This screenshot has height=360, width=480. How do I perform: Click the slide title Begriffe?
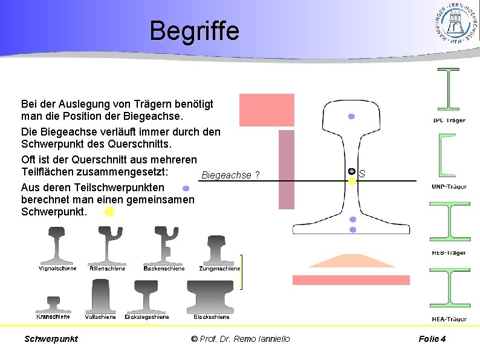pos(194,31)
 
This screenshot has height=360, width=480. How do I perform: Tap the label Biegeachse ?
pos(230,175)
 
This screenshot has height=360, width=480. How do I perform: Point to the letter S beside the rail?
pos(362,174)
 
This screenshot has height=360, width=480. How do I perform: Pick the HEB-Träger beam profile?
pos(449,222)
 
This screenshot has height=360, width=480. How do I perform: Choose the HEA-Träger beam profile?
pos(449,288)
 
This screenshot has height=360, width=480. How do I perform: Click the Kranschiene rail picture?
pos(53,303)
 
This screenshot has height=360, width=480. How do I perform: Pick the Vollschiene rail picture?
pos(101,296)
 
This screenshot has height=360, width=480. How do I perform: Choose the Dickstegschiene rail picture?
pos(147,297)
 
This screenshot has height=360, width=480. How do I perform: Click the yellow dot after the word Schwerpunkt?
pos(109,212)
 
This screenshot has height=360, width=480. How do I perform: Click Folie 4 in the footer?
pos(432,339)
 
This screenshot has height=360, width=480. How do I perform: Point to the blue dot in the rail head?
pos(351,116)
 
